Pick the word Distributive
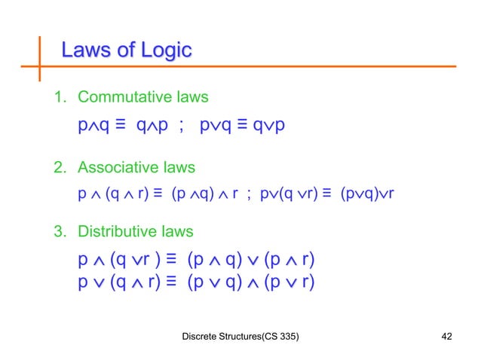coord(123,231)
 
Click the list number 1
coord(57,98)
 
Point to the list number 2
coord(57,167)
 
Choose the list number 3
coord(57,231)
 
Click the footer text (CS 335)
coord(277,336)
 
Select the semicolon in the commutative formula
coord(179,125)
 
